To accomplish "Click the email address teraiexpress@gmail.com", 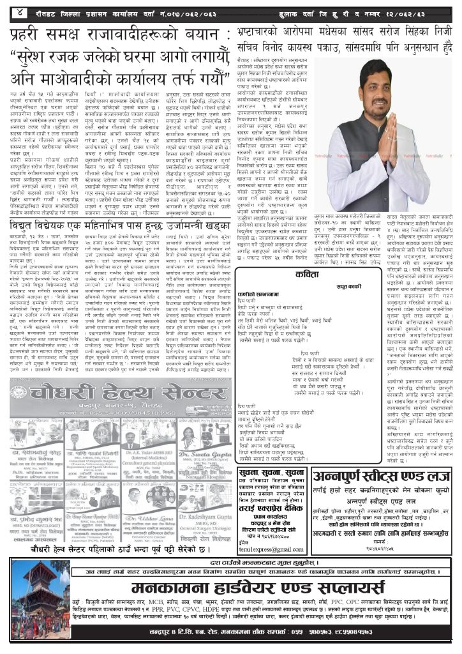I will click(271, 549).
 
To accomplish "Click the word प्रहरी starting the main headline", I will click(32, 33).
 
